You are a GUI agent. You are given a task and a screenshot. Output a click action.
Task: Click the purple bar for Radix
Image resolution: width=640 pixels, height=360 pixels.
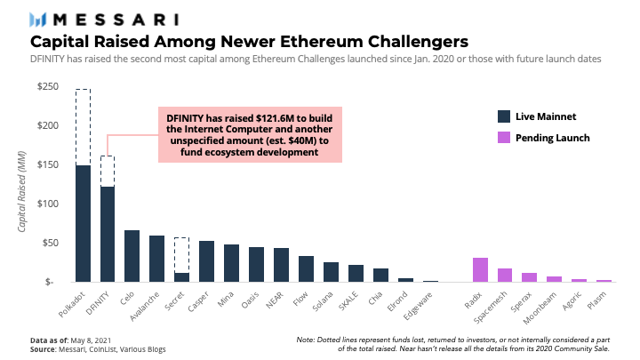point(480,270)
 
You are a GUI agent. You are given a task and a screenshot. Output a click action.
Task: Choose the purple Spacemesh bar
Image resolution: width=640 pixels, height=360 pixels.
point(505,275)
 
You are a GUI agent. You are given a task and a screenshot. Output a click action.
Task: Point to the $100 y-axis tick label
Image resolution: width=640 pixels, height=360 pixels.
point(47,204)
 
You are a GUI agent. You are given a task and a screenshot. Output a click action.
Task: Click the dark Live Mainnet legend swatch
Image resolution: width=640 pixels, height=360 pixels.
point(504,116)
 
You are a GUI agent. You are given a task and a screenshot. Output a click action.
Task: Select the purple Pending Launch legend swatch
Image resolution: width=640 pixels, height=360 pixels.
point(504,138)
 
